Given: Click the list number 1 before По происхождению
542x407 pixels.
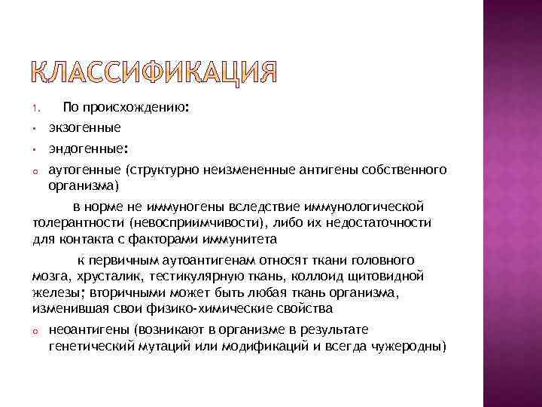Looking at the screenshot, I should coord(35,110).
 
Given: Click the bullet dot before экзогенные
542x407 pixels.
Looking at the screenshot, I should coord(35,129).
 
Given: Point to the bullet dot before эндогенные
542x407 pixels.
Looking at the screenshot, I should coord(35,149).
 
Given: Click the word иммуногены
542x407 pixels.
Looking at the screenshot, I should coord(184,207).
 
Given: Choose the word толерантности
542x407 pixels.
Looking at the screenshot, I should coord(79,223).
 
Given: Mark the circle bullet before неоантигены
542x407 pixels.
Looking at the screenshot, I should coord(35,331).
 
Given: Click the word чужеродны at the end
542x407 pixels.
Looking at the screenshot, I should coord(412,346).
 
